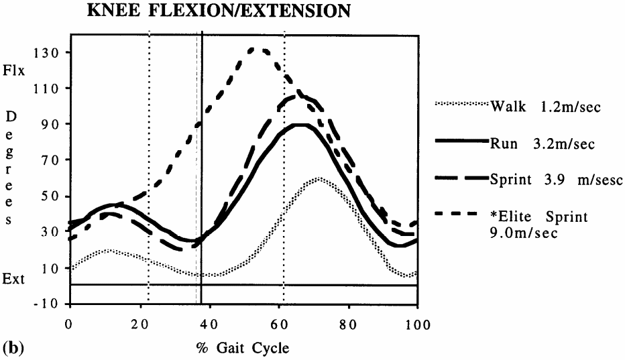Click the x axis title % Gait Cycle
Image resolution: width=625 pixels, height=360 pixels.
pos(243,348)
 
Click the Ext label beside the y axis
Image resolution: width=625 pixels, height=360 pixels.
pos(13,279)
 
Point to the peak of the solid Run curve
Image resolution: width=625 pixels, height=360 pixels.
pos(301,124)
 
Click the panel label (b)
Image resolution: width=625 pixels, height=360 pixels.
pos(11,348)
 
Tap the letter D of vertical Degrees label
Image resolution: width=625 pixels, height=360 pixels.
pos(11,116)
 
